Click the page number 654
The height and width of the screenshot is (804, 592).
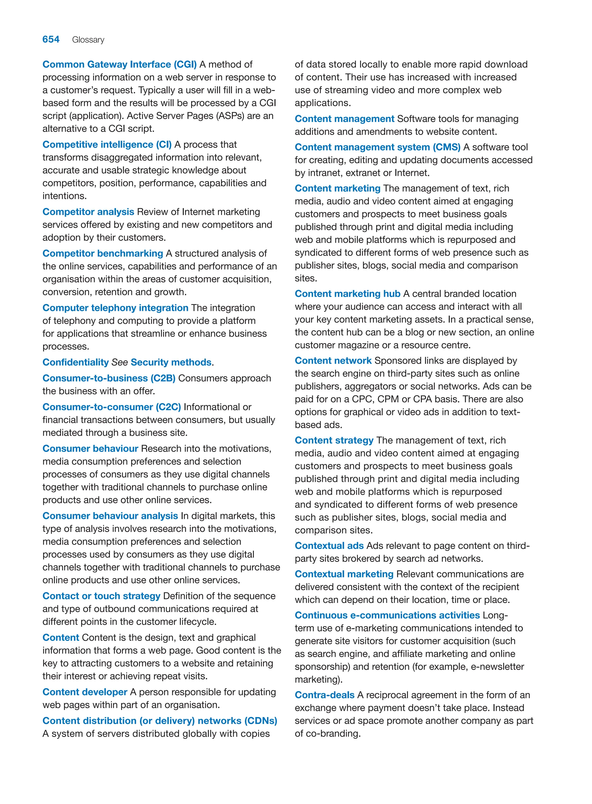tap(51, 39)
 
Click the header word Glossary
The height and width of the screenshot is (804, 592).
tap(88, 40)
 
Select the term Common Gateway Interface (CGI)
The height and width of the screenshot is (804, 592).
tap(119, 64)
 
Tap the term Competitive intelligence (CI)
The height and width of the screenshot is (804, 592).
tap(107, 145)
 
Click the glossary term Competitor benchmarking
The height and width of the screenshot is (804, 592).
tap(103, 254)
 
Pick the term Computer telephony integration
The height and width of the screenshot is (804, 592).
tap(115, 308)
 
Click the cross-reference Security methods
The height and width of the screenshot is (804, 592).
tap(171, 363)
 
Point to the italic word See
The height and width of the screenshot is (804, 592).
tap(119, 363)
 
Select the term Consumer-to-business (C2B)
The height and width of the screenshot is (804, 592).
tap(109, 378)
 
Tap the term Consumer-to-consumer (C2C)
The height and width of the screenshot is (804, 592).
tap(112, 407)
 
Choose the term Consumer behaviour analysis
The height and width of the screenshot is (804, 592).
tap(110, 516)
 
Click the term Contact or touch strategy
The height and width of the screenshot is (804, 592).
tap(101, 596)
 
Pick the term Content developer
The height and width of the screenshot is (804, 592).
tap(85, 692)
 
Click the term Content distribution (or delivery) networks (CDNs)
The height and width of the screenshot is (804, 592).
tap(160, 721)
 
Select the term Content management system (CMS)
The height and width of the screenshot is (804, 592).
tap(377, 147)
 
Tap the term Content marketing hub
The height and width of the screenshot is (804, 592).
tap(347, 294)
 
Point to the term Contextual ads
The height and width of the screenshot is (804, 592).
tap(329, 546)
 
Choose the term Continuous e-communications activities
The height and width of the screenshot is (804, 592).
tap(387, 615)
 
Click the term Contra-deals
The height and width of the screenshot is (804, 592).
tap(324, 695)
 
